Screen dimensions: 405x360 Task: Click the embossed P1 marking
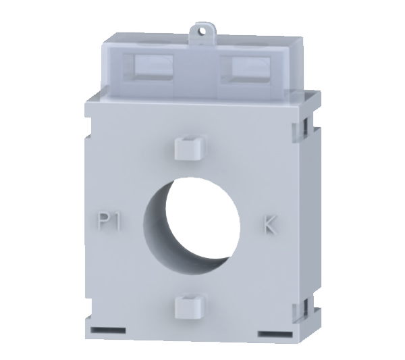click(109, 222)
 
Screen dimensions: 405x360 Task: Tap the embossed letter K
click(270, 225)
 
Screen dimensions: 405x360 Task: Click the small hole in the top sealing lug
click(202, 31)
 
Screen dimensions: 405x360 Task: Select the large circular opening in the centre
click(192, 226)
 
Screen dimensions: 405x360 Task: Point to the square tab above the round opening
click(191, 147)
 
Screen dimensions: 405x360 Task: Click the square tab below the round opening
click(190, 307)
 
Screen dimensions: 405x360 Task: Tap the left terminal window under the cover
click(153, 67)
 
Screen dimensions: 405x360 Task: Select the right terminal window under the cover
click(251, 69)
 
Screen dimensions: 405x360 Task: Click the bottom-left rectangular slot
click(108, 330)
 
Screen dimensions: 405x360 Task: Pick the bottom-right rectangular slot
click(275, 334)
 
